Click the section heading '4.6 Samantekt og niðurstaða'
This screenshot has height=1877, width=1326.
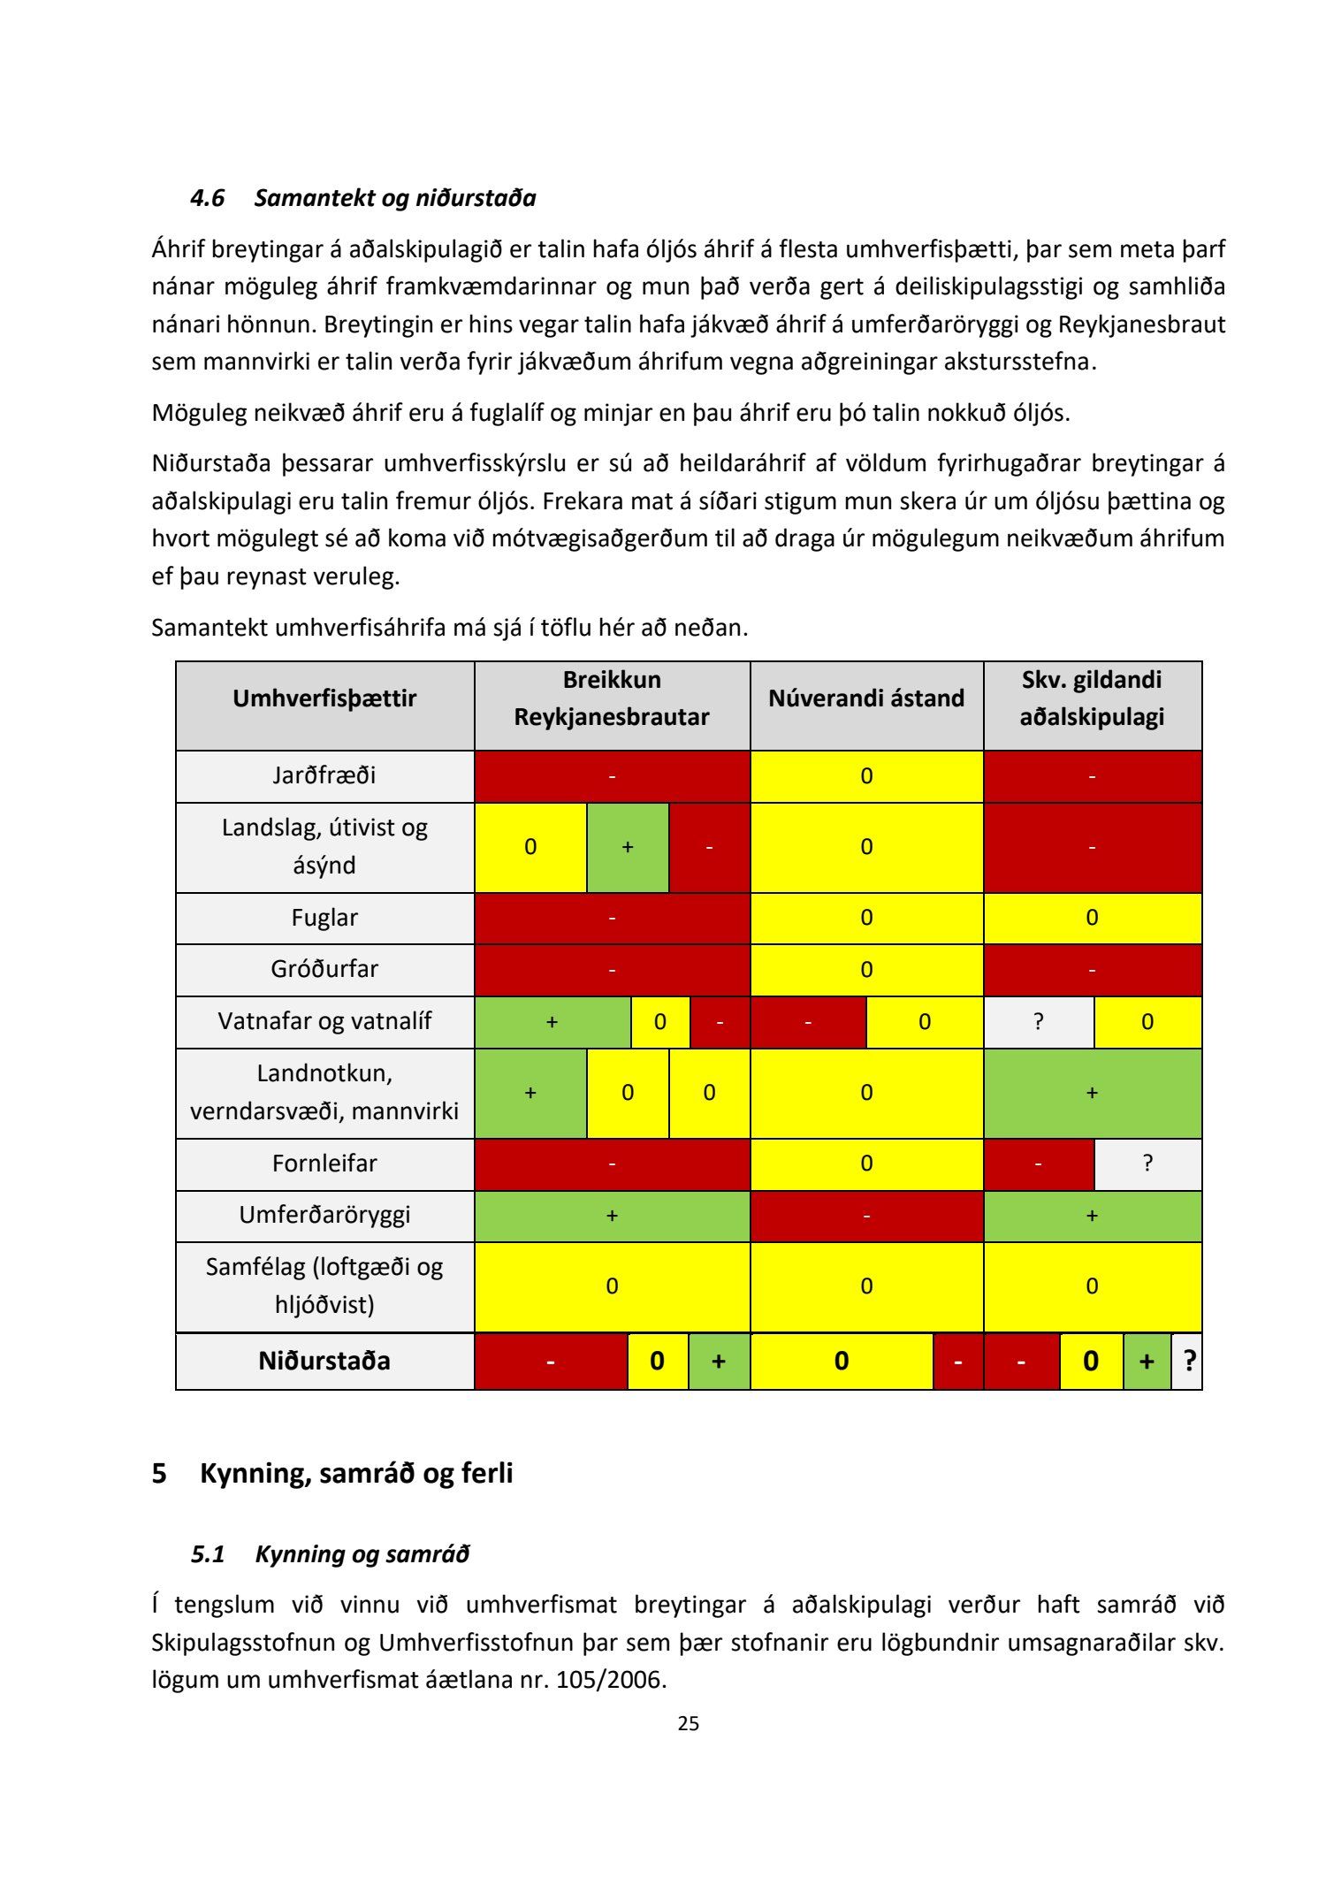(362, 198)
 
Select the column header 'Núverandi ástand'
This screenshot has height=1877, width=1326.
(865, 698)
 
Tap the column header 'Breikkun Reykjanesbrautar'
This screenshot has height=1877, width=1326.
(612, 698)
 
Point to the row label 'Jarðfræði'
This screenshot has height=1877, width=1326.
(324, 775)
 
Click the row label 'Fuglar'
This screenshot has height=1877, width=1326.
(324, 918)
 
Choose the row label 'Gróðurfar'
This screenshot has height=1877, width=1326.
(324, 969)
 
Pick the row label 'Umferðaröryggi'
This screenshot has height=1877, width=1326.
(324, 1215)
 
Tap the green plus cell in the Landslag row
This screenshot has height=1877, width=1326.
(628, 847)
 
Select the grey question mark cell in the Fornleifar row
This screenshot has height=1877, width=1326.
(1147, 1164)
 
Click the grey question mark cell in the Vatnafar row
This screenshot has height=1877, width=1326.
(1039, 1022)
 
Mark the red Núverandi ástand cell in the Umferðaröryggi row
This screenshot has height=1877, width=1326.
(866, 1216)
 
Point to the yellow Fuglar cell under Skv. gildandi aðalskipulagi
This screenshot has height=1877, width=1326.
(1092, 918)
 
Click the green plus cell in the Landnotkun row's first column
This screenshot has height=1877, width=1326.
(530, 1093)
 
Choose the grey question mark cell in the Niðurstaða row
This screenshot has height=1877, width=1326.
(1188, 1361)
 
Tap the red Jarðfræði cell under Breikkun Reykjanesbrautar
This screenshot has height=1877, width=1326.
(612, 776)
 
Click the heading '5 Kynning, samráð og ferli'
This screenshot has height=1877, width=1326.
(332, 1474)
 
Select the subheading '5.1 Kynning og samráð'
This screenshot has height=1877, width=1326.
(330, 1554)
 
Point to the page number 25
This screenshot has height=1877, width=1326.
(689, 1723)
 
